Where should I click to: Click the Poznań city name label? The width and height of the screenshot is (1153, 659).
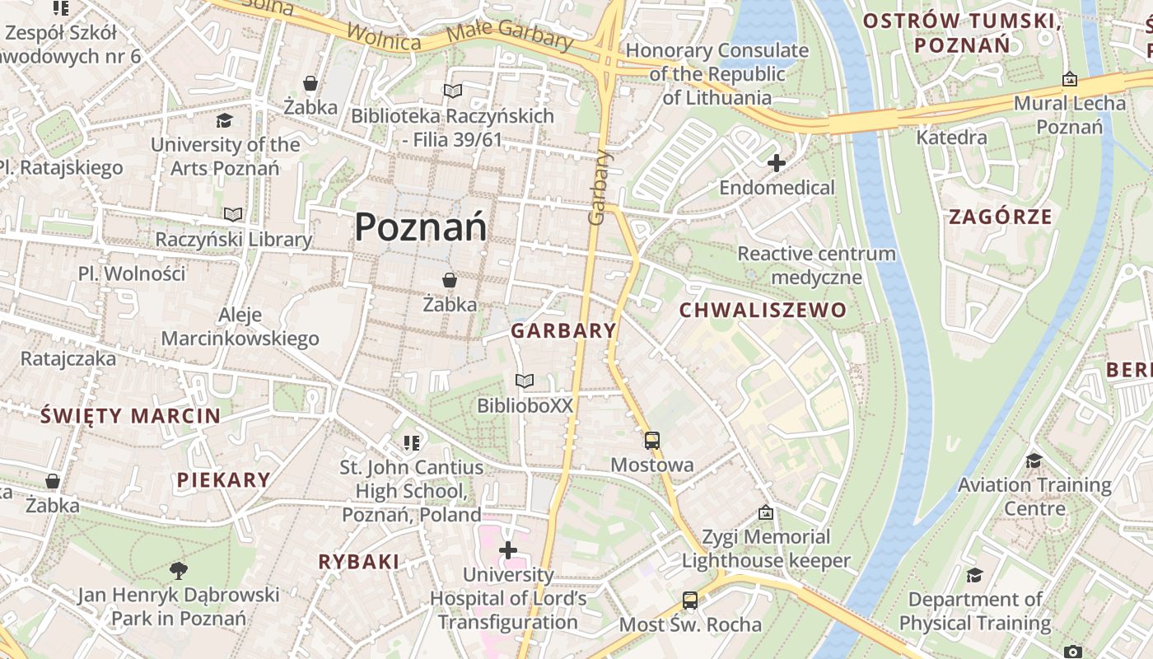click(421, 227)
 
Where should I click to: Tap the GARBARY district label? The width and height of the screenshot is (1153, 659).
click(563, 331)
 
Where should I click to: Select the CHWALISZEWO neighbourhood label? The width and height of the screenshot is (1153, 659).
click(762, 311)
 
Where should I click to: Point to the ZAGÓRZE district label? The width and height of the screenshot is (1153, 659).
click(1001, 217)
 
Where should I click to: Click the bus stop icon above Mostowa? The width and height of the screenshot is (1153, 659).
click(652, 441)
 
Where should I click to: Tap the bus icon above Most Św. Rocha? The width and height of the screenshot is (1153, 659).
click(690, 601)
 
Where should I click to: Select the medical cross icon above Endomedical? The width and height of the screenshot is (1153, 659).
click(776, 163)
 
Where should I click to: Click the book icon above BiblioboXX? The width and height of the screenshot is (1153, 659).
click(525, 381)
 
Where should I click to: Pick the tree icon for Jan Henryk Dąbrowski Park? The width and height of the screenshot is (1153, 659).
click(178, 570)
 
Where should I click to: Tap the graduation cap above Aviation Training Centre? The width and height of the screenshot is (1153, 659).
click(1034, 460)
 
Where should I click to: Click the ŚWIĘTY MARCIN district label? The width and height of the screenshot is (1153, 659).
click(131, 416)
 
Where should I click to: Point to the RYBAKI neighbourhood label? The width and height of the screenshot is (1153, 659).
click(359, 563)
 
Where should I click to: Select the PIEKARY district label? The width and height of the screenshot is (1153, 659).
click(223, 480)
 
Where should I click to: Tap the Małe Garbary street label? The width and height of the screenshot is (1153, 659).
click(510, 36)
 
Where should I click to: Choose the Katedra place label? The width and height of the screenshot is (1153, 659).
click(951, 138)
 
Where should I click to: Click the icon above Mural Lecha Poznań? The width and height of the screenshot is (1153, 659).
click(1069, 80)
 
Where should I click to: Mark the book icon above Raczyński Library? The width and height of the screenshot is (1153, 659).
click(234, 215)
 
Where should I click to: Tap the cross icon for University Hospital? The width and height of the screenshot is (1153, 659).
click(508, 550)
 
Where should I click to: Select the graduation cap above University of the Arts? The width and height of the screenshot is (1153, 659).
click(224, 121)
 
